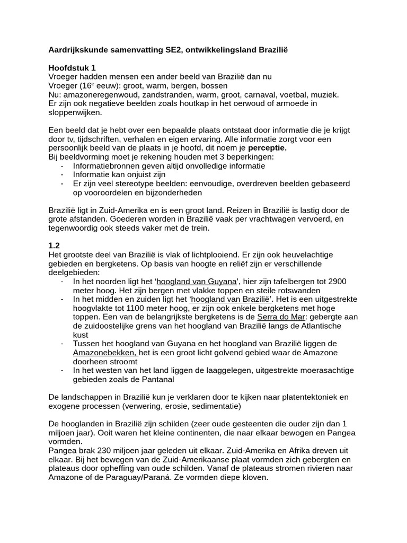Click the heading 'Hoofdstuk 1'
(x=72, y=68)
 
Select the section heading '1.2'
(x=54, y=246)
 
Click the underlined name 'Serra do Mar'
(x=279, y=317)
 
